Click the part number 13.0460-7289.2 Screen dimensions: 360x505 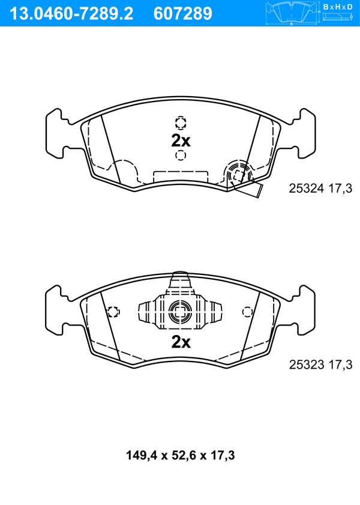[71, 14]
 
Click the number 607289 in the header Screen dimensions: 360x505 [183, 14]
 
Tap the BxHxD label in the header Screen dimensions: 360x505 [338, 7]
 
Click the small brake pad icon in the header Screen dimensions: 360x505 [292, 13]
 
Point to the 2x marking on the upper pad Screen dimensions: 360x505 [181, 141]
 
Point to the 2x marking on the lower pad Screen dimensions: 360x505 [181, 342]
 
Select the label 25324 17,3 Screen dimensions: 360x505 [320, 189]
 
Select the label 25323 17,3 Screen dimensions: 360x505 [321, 364]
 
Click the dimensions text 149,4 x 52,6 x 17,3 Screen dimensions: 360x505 [180, 455]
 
